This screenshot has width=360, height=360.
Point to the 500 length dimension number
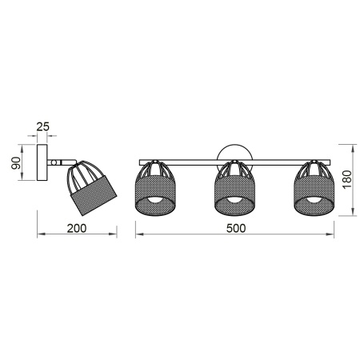coord(235,227)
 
